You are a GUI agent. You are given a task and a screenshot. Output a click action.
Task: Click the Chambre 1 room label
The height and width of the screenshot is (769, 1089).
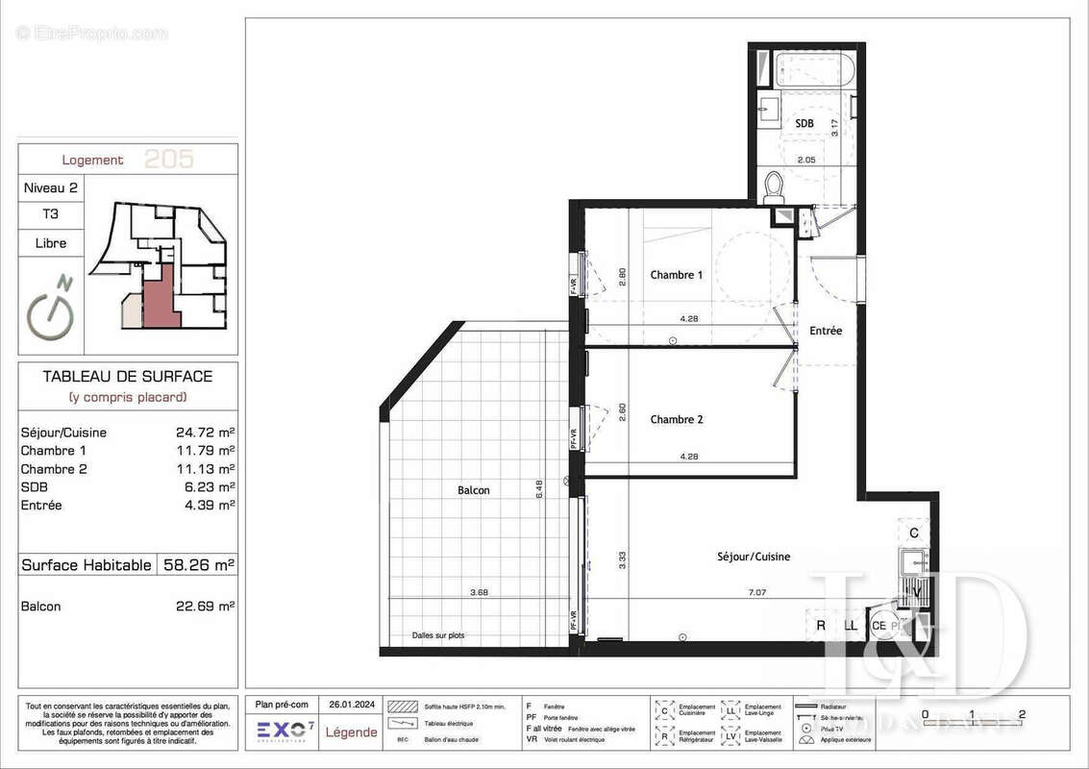click(x=676, y=275)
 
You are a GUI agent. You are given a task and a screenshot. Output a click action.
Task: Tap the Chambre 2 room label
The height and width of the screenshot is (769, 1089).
click(x=676, y=419)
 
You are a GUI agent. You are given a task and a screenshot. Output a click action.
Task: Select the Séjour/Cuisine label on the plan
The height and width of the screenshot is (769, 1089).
click(x=754, y=557)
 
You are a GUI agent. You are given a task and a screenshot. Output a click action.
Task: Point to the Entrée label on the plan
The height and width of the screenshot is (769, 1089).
click(x=825, y=331)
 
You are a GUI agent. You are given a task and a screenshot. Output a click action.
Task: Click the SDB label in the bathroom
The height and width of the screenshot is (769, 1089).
click(x=804, y=125)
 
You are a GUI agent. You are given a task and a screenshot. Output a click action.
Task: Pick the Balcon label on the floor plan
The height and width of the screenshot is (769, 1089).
click(x=473, y=490)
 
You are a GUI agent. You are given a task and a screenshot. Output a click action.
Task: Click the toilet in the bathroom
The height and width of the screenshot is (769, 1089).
click(x=775, y=187)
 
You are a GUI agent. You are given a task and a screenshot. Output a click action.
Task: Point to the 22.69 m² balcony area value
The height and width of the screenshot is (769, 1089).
click(x=211, y=607)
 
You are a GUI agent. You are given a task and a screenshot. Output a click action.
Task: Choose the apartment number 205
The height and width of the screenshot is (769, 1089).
click(x=168, y=160)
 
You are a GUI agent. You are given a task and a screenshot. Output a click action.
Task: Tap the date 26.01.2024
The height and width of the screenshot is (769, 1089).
click(x=353, y=705)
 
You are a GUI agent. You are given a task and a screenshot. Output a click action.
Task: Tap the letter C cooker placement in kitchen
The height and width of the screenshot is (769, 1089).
click(x=914, y=533)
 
